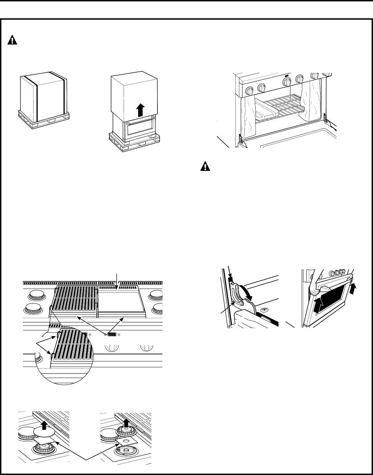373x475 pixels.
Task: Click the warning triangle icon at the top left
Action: point(12,40)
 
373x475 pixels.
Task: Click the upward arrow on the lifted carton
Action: point(140,110)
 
